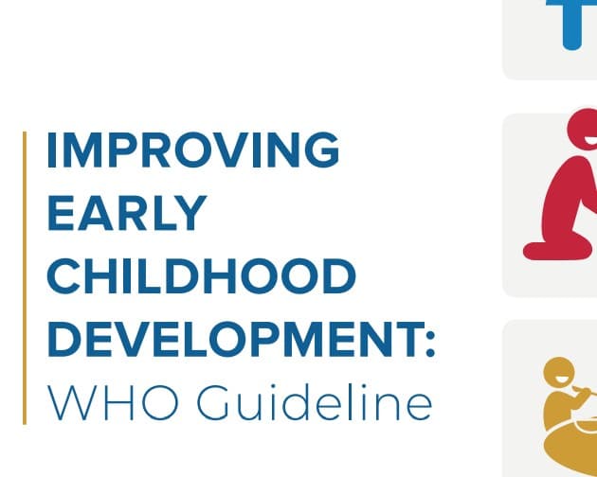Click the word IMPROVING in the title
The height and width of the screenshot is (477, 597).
click(x=192, y=150)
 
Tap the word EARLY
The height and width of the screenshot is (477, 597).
click(x=126, y=213)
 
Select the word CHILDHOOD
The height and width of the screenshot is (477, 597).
click(x=201, y=275)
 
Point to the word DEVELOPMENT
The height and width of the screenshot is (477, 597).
click(x=227, y=338)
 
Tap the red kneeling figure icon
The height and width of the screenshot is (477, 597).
click(x=564, y=189)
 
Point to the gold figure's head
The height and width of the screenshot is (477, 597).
click(x=559, y=374)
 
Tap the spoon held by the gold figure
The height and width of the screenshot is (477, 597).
click(x=588, y=390)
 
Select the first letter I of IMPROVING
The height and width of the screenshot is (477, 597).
click(x=53, y=150)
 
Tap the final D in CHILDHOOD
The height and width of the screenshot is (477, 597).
click(x=337, y=275)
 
